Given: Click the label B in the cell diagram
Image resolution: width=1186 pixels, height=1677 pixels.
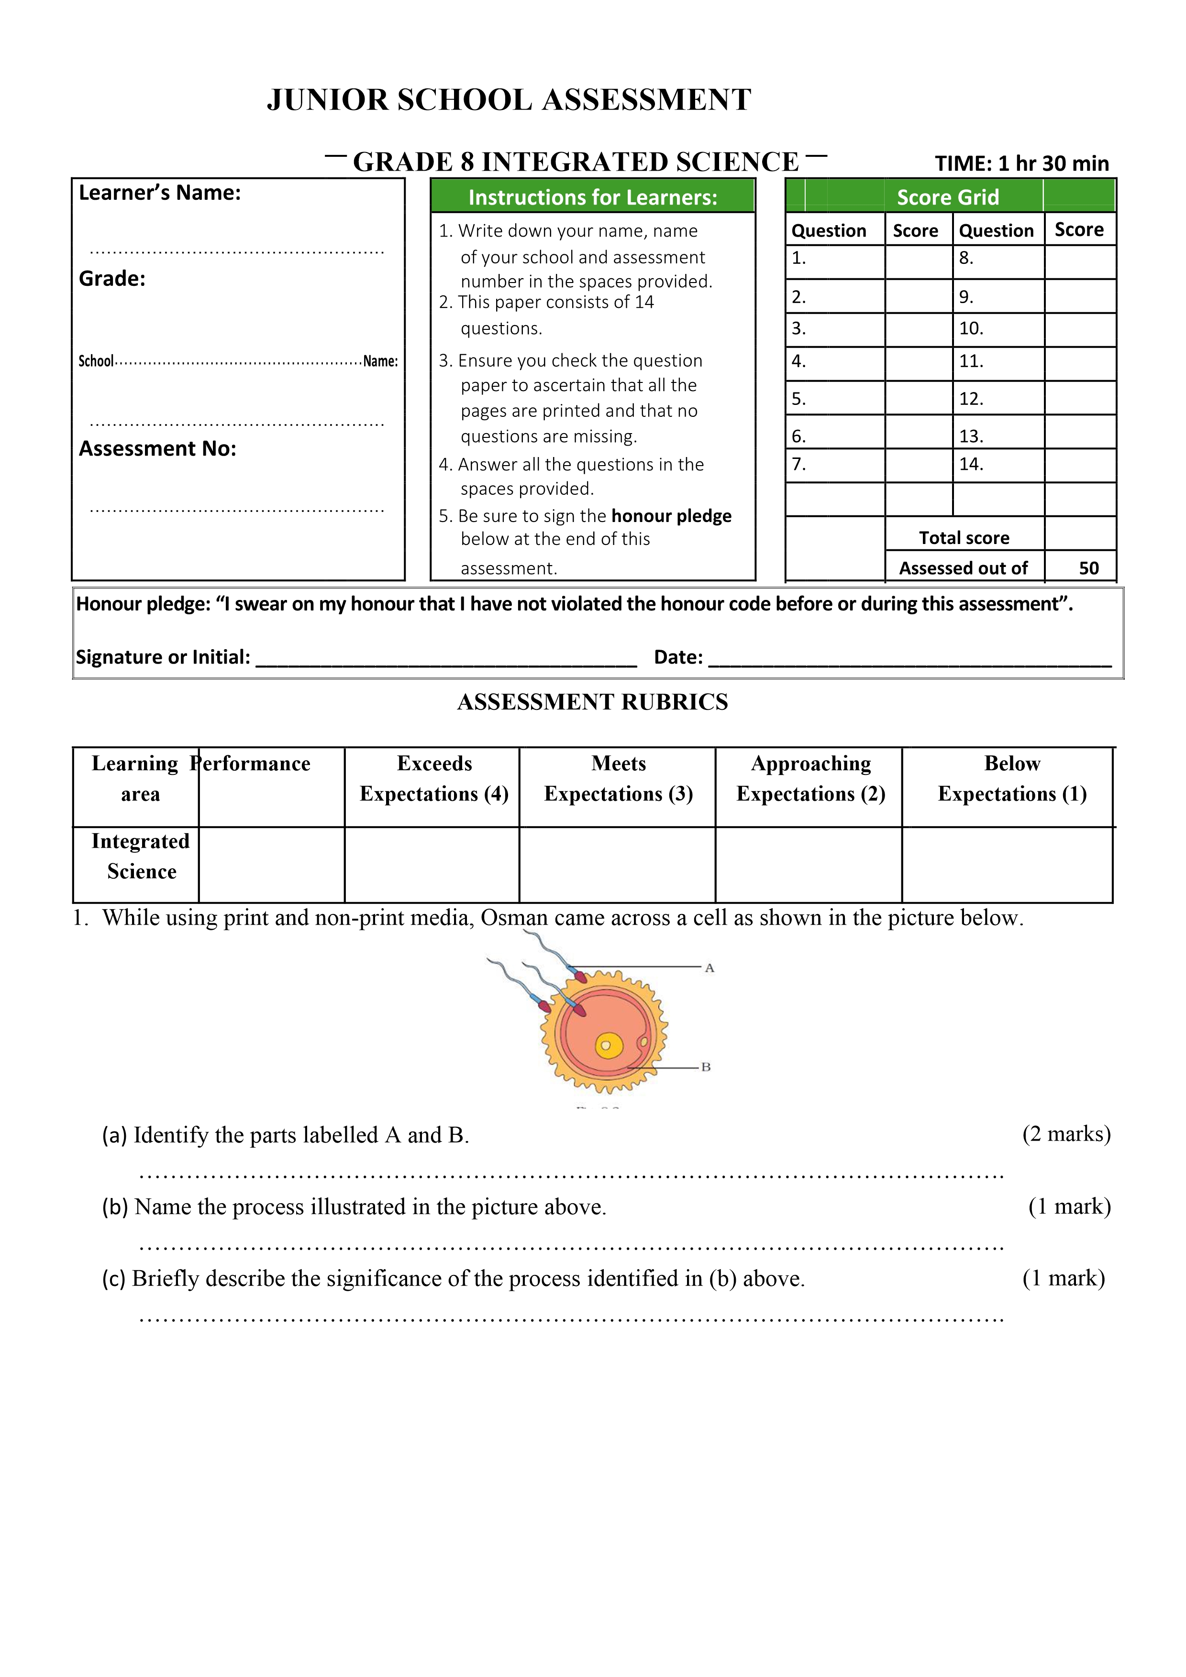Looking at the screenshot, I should (706, 1067).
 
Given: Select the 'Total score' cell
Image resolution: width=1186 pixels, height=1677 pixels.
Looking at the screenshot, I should (964, 538).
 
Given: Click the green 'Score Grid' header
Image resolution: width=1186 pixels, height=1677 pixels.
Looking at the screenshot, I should (947, 197).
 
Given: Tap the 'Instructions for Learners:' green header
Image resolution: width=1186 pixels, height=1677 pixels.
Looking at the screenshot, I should (593, 197).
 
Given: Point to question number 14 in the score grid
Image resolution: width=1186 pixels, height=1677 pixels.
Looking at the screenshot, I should (971, 465).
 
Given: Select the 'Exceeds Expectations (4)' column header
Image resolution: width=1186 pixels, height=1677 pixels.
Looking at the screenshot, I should (434, 779).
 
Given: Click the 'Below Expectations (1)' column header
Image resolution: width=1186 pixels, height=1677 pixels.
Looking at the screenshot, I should (1012, 779).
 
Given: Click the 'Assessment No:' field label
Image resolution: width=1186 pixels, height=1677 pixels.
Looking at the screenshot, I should (158, 448).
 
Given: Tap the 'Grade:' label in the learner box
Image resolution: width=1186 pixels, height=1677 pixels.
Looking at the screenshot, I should (112, 279).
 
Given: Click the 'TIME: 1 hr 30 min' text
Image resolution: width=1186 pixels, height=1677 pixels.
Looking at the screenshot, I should (1021, 163).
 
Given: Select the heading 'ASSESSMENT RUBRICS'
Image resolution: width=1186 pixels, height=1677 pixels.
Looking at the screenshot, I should (593, 702).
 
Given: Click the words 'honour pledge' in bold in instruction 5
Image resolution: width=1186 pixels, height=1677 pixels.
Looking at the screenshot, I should (671, 516).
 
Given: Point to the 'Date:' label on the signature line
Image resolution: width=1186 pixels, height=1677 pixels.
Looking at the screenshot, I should (678, 657).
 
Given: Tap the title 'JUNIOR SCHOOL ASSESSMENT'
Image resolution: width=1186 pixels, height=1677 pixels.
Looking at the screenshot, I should (510, 100).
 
